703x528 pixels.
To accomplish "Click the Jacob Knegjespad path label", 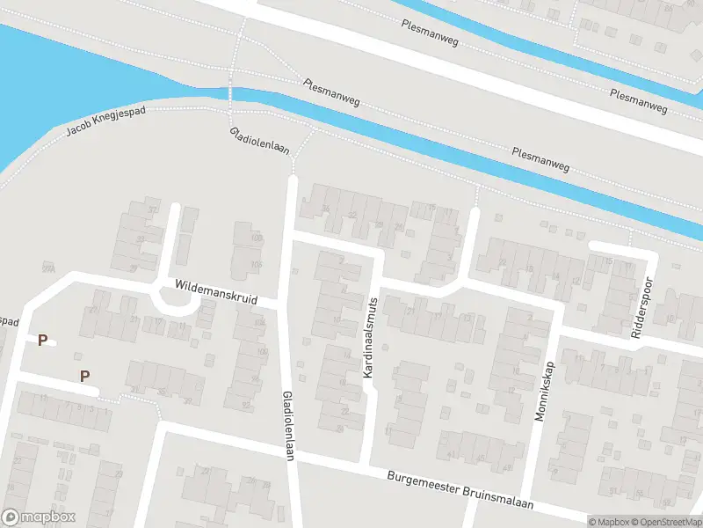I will (105, 124).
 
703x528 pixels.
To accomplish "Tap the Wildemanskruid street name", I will (215, 292).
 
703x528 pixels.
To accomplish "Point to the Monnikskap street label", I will (546, 390).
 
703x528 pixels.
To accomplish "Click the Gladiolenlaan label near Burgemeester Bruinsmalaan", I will (286, 424).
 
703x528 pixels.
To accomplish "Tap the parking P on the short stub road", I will (42, 340).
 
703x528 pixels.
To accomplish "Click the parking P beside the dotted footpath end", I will (85, 376).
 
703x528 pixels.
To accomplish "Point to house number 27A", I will (47, 268).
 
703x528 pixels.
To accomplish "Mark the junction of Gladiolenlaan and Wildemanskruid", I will (283, 304).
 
